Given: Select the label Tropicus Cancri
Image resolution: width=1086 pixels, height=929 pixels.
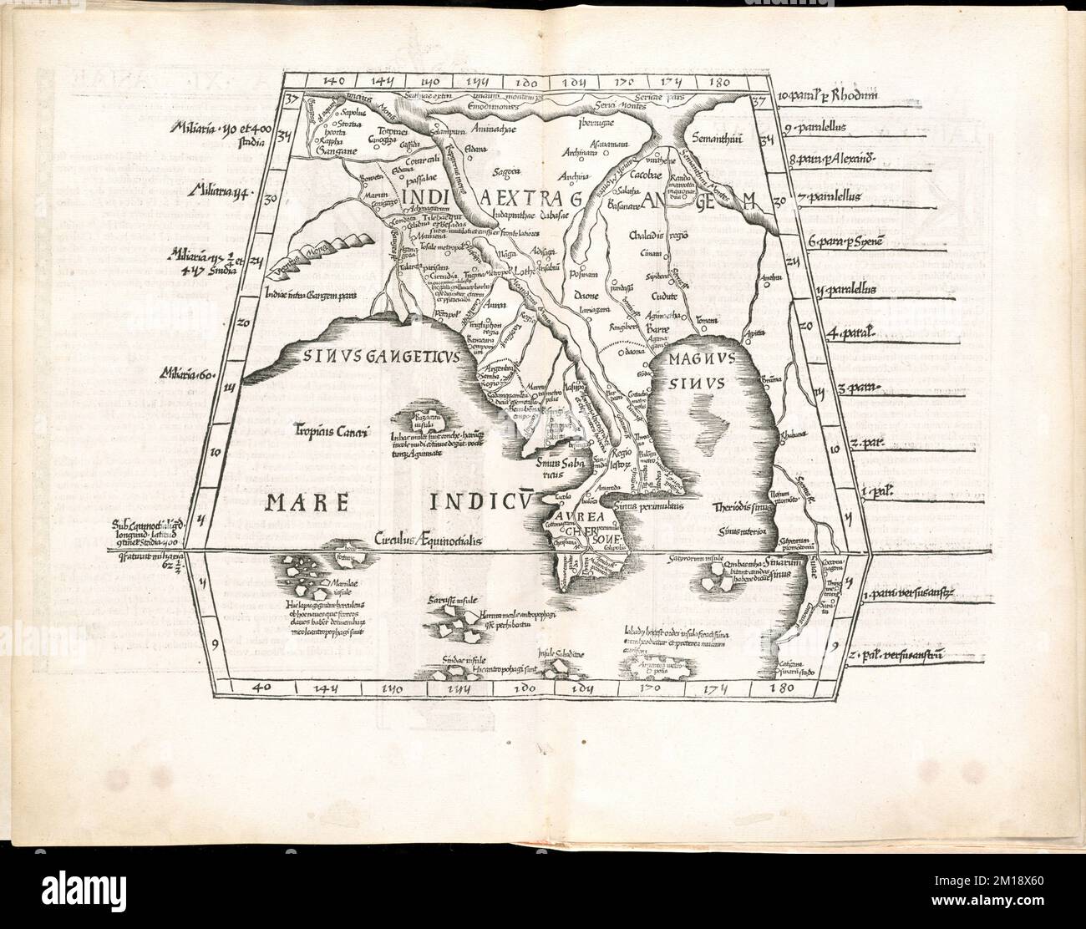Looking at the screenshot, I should (x=325, y=432).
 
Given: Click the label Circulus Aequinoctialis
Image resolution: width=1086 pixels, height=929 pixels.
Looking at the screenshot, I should (x=429, y=541).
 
